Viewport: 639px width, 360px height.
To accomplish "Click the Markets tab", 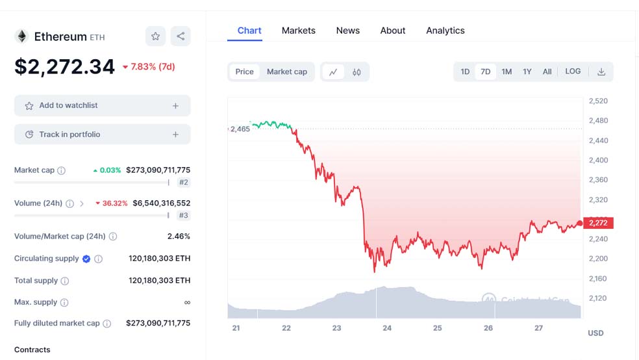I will pyautogui.click(x=298, y=31).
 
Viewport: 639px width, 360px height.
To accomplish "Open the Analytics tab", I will pyautogui.click(x=445, y=31).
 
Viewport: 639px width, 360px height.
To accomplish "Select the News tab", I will pyautogui.click(x=347, y=31).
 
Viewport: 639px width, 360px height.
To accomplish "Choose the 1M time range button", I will pyautogui.click(x=507, y=71).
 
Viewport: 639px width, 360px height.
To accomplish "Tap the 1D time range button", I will pyautogui.click(x=465, y=71).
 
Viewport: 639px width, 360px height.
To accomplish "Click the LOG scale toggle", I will pyautogui.click(x=573, y=71).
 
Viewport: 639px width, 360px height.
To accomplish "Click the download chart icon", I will pyautogui.click(x=601, y=71).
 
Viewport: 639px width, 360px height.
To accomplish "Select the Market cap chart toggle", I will pyautogui.click(x=286, y=71).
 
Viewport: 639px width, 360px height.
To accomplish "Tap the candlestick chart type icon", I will pyautogui.click(x=357, y=72).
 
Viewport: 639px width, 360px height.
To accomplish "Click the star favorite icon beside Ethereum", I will pyautogui.click(x=155, y=36).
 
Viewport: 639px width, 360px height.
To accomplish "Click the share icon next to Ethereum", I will pyautogui.click(x=181, y=36).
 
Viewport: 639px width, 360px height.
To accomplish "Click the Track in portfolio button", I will pyautogui.click(x=102, y=135).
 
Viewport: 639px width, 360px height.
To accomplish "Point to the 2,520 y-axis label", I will pyautogui.click(x=597, y=101).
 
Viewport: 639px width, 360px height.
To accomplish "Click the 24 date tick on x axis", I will pyautogui.click(x=387, y=328).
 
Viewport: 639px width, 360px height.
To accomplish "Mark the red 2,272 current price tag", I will pyautogui.click(x=597, y=223).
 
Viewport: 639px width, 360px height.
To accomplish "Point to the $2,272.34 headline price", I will pyautogui.click(x=64, y=66).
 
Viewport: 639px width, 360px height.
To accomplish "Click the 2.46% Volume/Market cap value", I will pyautogui.click(x=179, y=237).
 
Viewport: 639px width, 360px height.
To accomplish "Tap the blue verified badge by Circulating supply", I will pyautogui.click(x=86, y=259).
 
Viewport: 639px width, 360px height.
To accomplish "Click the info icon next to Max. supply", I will pyautogui.click(x=64, y=302).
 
